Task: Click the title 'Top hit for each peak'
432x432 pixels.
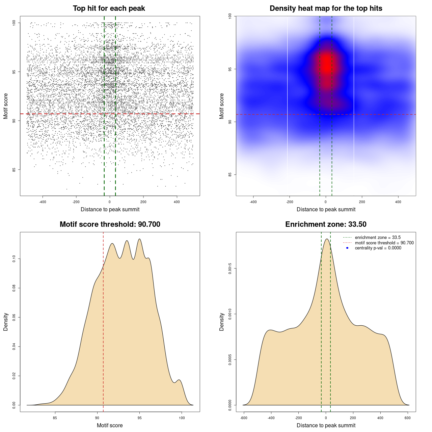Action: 109,8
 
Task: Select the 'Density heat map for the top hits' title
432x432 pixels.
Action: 326,8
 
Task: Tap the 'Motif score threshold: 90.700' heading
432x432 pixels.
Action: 110,224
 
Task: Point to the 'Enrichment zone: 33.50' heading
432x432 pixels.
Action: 326,224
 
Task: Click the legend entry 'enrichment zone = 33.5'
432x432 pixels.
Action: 378,238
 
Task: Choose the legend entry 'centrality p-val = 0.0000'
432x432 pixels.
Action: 378,248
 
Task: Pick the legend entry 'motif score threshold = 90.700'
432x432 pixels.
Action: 384,243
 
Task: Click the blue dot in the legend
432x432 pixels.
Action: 347,248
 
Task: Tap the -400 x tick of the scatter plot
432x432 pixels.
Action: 43,202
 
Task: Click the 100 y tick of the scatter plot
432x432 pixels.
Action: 14,23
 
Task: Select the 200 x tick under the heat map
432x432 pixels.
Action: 362,202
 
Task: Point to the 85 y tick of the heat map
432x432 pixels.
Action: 230,174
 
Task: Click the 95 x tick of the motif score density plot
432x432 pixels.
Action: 140,418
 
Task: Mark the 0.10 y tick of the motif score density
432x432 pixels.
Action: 14,259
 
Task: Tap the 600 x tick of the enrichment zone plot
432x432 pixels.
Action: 408,418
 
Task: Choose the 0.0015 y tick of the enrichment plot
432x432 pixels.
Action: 230,269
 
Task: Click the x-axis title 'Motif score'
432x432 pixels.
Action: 110,425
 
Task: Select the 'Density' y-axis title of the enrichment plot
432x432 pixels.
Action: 222,322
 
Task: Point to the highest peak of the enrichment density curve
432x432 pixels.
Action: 326,239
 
